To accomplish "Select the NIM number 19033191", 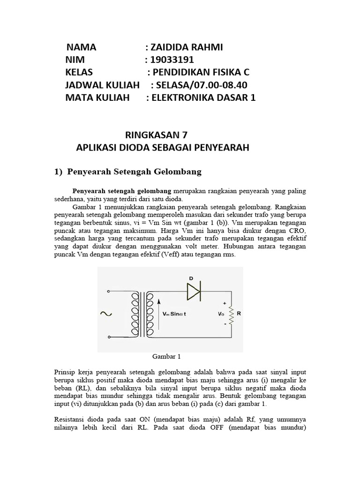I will [169, 60].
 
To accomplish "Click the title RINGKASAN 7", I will [156, 135].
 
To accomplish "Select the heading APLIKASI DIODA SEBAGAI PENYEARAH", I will [163, 148].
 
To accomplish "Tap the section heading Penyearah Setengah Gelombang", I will [134, 172].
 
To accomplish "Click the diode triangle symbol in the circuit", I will [194, 292].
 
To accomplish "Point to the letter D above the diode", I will [191, 278].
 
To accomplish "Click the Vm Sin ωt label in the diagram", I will [174, 314].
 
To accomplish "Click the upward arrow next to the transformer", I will [157, 314].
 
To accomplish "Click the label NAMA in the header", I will [81, 47].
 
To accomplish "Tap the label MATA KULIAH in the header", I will [97, 98].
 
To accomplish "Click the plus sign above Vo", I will [225, 303].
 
